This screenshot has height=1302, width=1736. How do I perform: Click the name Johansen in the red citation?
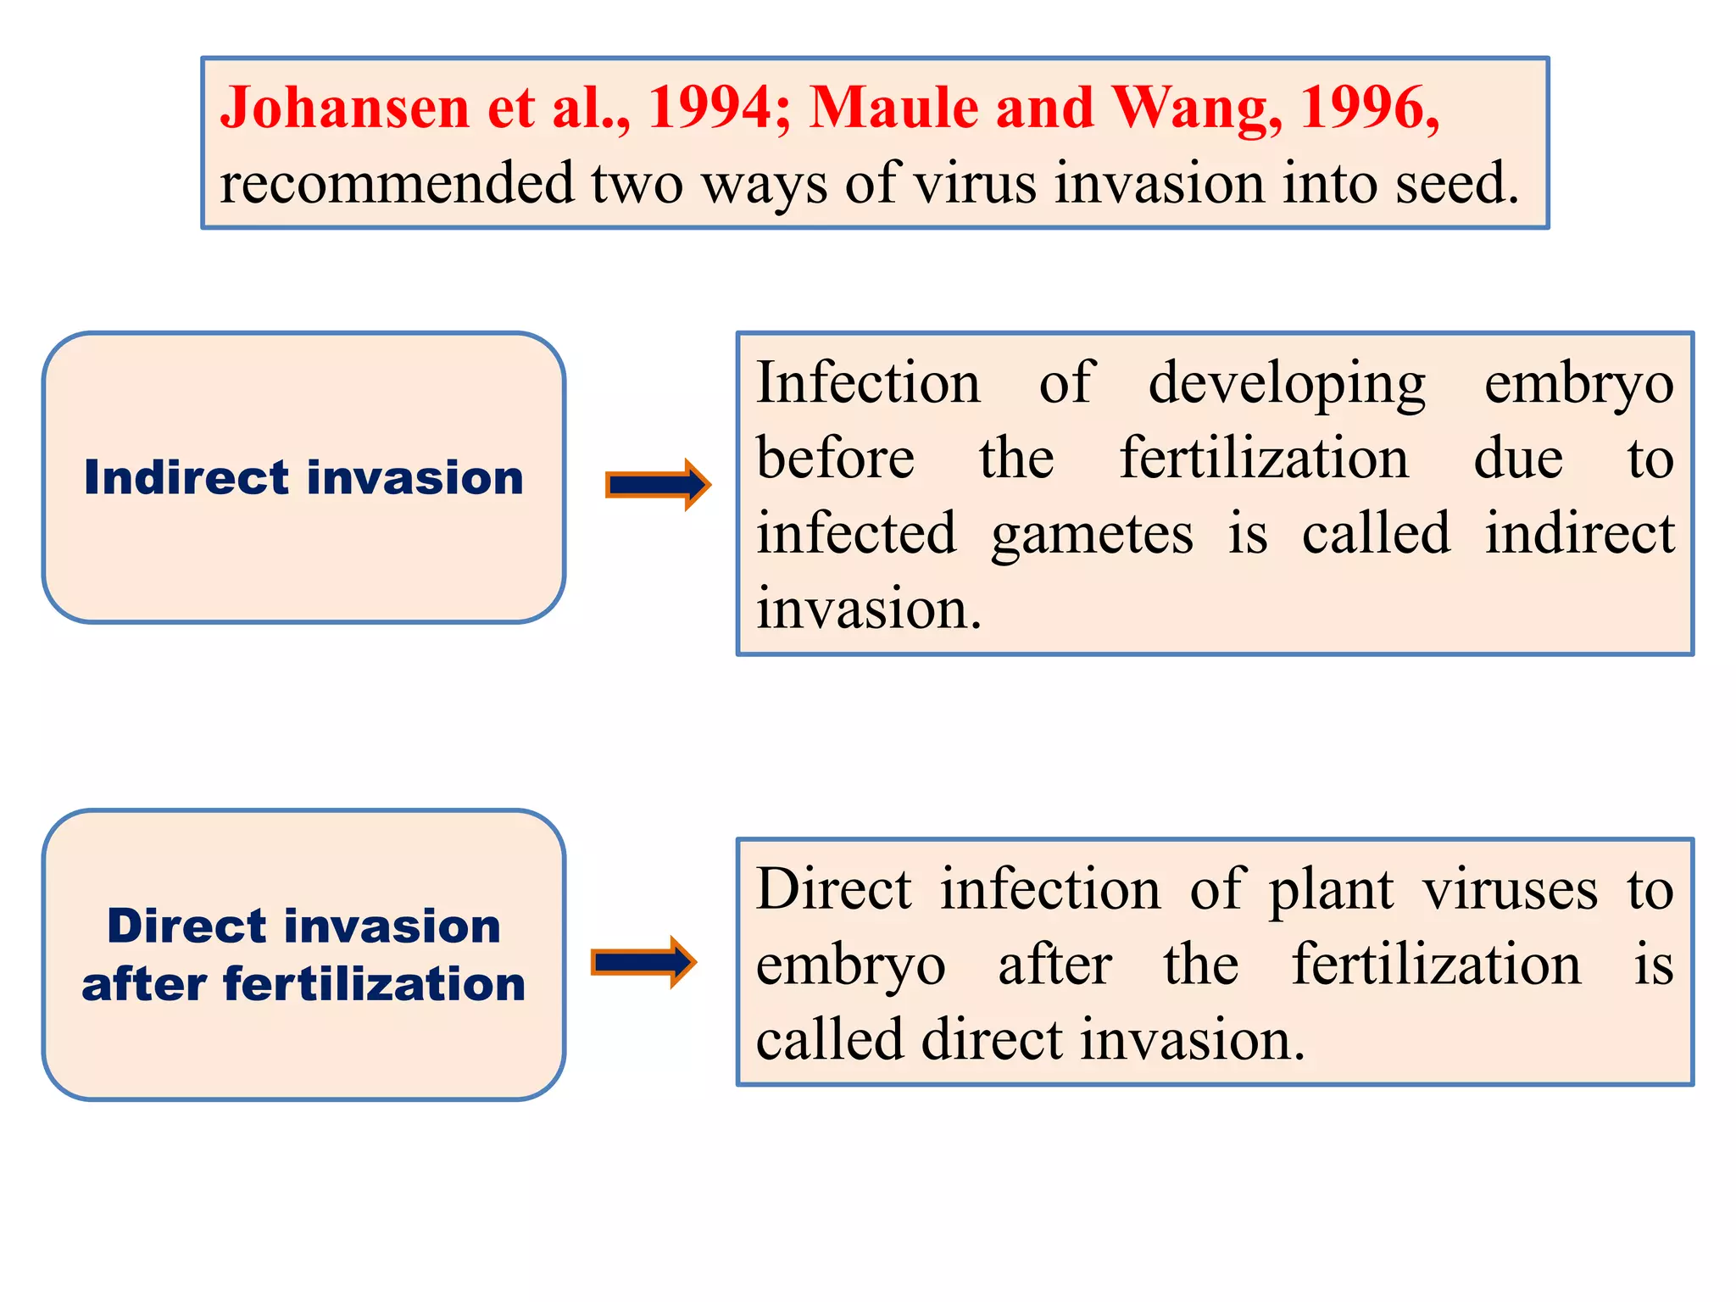click(344, 108)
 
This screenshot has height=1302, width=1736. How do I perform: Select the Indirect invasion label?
click(303, 477)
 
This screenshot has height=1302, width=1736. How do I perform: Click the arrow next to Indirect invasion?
click(658, 485)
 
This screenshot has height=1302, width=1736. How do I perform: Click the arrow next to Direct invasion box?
click(643, 962)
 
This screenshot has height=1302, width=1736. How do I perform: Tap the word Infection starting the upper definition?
click(868, 383)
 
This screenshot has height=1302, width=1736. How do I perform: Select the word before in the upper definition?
click(835, 459)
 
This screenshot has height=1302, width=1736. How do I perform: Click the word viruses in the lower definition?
click(1509, 890)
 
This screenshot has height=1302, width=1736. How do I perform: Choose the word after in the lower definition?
click(1054, 965)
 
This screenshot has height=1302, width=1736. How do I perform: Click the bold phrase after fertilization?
click(303, 985)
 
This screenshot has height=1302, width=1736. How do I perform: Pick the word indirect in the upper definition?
click(1579, 534)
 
